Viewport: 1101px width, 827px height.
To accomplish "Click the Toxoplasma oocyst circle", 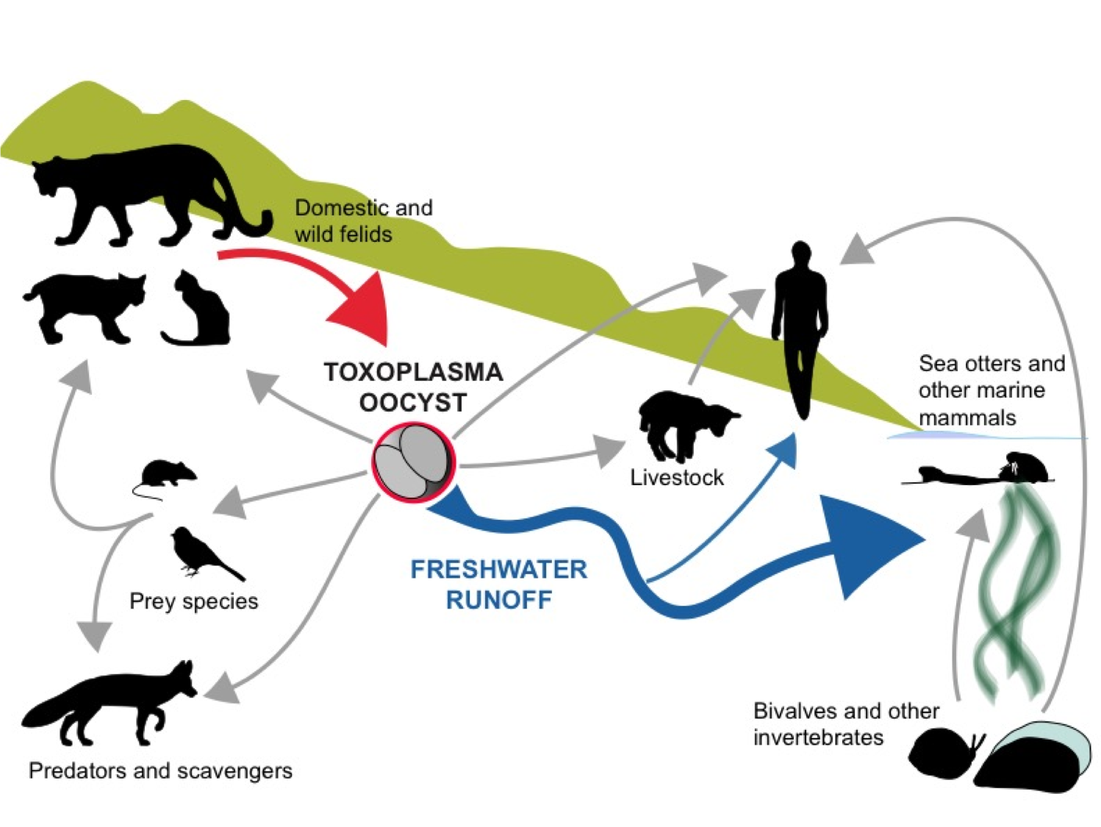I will point(413,462).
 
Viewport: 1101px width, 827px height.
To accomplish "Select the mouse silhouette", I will point(167,474).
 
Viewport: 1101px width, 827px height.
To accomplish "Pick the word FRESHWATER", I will point(498,570).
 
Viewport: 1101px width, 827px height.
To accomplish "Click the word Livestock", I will point(677,478).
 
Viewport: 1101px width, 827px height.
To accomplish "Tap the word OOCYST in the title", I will point(413,403).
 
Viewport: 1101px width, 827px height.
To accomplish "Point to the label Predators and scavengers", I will point(160,770).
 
